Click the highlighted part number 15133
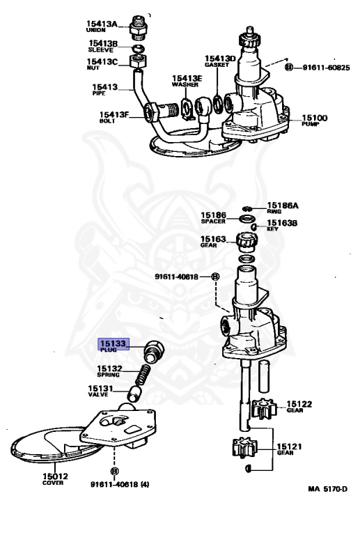pyautogui.click(x=113, y=343)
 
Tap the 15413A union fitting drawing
pyautogui.click(x=139, y=28)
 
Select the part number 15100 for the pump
pyautogui.click(x=314, y=118)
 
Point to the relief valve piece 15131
pyautogui.click(x=134, y=394)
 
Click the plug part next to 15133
pyautogui.click(x=154, y=351)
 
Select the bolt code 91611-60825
pyautogui.click(x=326, y=68)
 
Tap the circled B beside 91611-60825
pyautogui.click(x=289, y=67)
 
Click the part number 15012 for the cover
pyautogui.click(x=55, y=476)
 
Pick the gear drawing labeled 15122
pyautogui.click(x=263, y=408)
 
